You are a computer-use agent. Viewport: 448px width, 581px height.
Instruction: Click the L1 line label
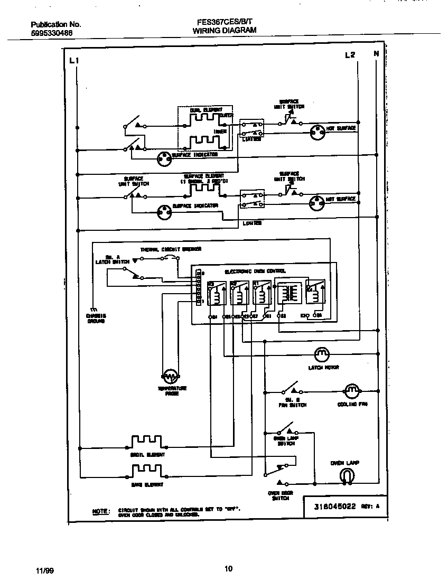tap(73, 61)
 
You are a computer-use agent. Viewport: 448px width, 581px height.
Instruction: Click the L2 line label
tap(350, 54)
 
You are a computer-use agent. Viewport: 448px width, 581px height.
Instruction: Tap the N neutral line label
tap(376, 54)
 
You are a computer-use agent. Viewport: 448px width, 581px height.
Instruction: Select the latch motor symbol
tap(322, 353)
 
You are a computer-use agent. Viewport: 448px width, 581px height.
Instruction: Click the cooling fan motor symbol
tap(352, 391)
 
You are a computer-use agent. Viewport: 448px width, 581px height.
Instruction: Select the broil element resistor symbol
tap(147, 441)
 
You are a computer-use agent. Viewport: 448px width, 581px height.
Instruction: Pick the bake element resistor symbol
tap(147, 470)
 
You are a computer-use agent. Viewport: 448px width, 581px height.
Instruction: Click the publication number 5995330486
tap(52, 33)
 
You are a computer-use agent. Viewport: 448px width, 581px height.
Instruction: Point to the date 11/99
tap(44, 569)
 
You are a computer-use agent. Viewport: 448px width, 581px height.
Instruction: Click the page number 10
tap(228, 569)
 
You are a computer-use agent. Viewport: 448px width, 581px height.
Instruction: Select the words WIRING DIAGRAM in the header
tap(224, 31)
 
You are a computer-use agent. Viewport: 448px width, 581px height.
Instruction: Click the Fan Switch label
tap(292, 405)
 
